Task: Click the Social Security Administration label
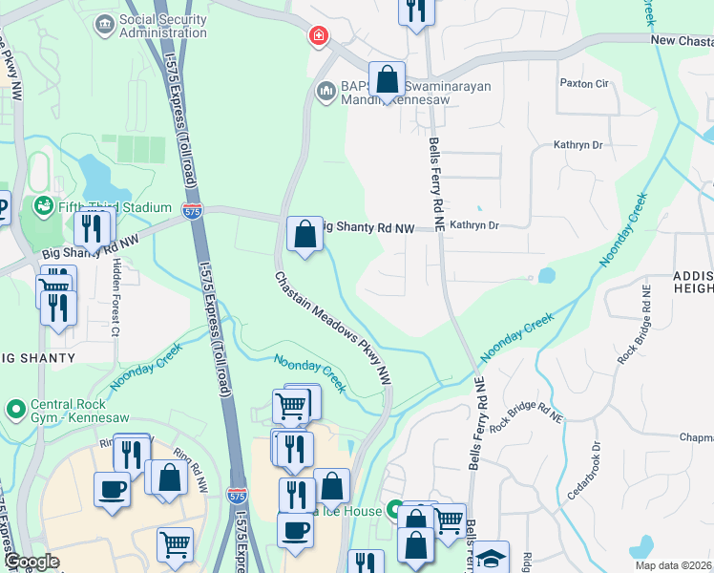pyautogui.click(x=162, y=26)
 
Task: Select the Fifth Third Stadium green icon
pyautogui.click(x=42, y=206)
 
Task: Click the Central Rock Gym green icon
pyautogui.click(x=15, y=409)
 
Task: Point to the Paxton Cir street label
pyautogui.click(x=583, y=84)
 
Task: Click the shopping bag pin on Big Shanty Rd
pyautogui.click(x=304, y=233)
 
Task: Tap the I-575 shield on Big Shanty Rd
pyautogui.click(x=193, y=210)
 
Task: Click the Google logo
pyautogui.click(x=31, y=562)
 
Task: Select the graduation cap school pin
pyautogui.click(x=491, y=558)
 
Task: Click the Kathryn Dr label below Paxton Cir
pyautogui.click(x=578, y=145)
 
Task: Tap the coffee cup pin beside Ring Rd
pyautogui.click(x=112, y=489)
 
